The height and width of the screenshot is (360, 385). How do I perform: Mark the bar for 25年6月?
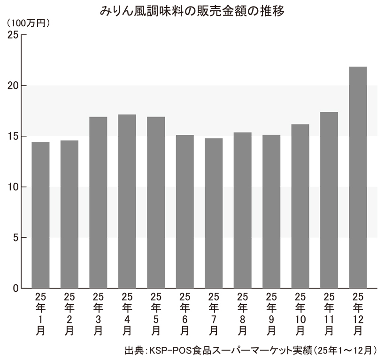click(185, 211)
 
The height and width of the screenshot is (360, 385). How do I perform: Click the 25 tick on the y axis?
click(13, 35)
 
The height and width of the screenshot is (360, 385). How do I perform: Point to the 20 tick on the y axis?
click(13, 86)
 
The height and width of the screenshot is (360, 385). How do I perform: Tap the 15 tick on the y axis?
click(13, 136)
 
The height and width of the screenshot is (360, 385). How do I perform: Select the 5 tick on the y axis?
click(15, 237)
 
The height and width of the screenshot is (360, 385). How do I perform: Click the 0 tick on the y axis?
click(15, 288)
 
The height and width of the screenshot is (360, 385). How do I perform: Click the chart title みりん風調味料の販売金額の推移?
click(192, 10)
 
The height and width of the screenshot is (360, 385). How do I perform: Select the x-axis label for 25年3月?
click(98, 313)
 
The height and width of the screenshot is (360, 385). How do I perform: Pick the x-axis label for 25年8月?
click(242, 313)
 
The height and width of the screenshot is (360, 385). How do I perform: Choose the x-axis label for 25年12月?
click(358, 313)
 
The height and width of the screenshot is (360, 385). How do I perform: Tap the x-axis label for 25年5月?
click(155, 313)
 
